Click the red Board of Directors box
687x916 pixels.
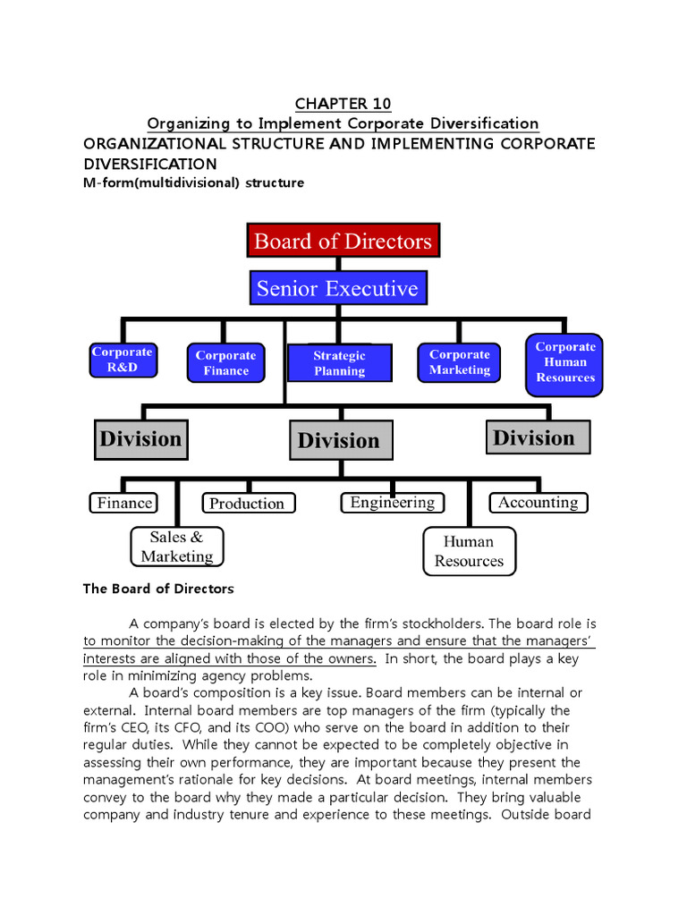343,241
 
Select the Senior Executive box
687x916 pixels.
337,288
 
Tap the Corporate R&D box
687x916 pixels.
123,360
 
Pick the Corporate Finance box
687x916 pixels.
225,362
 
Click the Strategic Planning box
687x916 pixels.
339,363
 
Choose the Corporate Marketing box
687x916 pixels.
459,362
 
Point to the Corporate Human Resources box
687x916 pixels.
564,362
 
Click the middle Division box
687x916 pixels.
339,440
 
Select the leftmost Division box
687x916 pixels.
140,438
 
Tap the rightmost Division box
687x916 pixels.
538,437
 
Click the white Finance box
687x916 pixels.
123,503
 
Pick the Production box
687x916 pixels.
246,504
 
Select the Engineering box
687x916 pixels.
392,503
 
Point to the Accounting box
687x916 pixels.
538,503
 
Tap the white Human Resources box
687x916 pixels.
469,551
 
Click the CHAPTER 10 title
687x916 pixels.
343,104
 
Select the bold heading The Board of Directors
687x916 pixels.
158,589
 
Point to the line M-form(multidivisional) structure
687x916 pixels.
193,183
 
